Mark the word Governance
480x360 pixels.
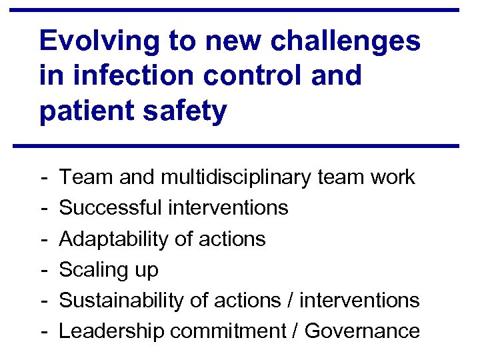pos(363,331)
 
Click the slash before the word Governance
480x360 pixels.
pos(297,331)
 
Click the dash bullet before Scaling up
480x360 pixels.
pos(43,270)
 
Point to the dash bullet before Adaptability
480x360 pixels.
pos(43,239)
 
